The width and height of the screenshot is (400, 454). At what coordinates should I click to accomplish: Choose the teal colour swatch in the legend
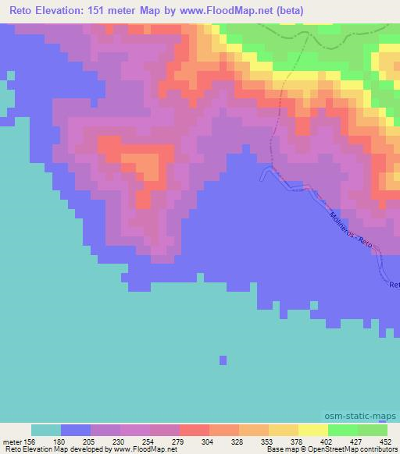pos(46,430)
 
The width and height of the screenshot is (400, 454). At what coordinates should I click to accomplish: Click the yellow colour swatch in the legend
pos(312,430)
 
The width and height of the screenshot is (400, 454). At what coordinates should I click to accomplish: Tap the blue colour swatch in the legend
pos(76,430)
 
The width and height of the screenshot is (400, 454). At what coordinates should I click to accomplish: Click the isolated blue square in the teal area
pos(223,360)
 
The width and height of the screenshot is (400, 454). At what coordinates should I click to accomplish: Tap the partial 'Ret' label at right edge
pos(394,285)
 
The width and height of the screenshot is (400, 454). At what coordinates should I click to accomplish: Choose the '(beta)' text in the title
pos(286,11)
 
